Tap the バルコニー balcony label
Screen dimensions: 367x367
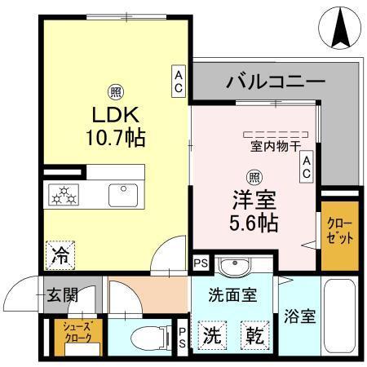[x=276, y=81]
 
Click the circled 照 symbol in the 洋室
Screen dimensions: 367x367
[x=254, y=175]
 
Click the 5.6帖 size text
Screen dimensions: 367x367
[x=254, y=220]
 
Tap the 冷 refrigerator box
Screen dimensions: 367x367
[x=60, y=254]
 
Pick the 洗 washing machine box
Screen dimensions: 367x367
[x=211, y=335]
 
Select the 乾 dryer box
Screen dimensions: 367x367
[x=254, y=335]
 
